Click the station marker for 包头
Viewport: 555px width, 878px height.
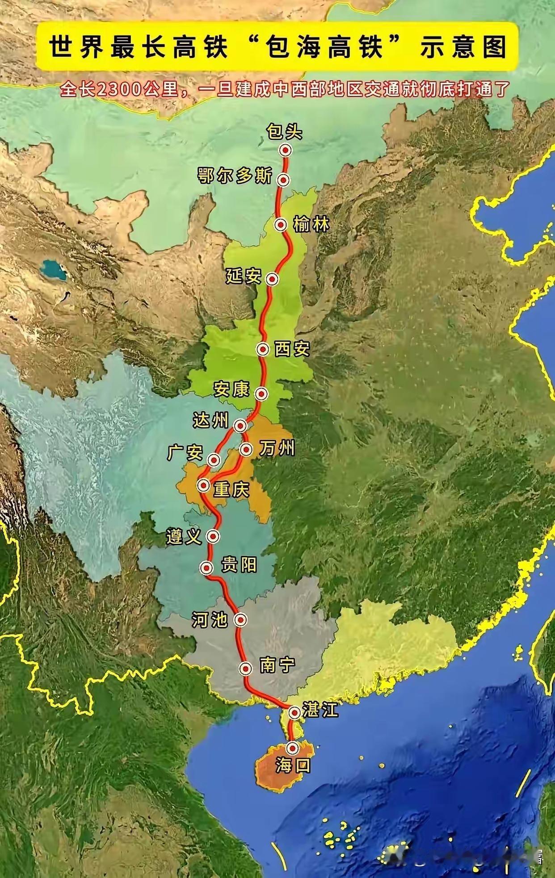pyautogui.click(x=286, y=150)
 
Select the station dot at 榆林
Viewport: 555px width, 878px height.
pyautogui.click(x=281, y=225)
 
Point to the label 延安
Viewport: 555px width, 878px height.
pyautogui.click(x=243, y=277)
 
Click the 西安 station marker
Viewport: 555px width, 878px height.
pyautogui.click(x=263, y=349)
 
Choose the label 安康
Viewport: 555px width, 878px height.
pyautogui.click(x=231, y=389)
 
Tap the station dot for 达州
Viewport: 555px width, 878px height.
pyautogui.click(x=241, y=426)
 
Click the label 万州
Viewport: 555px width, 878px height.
pyautogui.click(x=277, y=449)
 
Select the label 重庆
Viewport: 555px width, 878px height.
pyautogui.click(x=231, y=490)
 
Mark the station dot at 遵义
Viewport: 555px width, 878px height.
pyautogui.click(x=214, y=536)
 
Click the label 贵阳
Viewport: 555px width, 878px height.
pyautogui.click(x=239, y=565)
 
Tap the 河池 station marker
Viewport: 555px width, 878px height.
pyautogui.click(x=241, y=620)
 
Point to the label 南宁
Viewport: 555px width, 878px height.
pyautogui.click(x=277, y=665)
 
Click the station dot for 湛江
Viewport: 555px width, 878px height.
pyautogui.click(x=294, y=713)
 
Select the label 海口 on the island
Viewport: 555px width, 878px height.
pyautogui.click(x=293, y=766)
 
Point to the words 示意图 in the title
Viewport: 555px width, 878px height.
pyautogui.click(x=463, y=47)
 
